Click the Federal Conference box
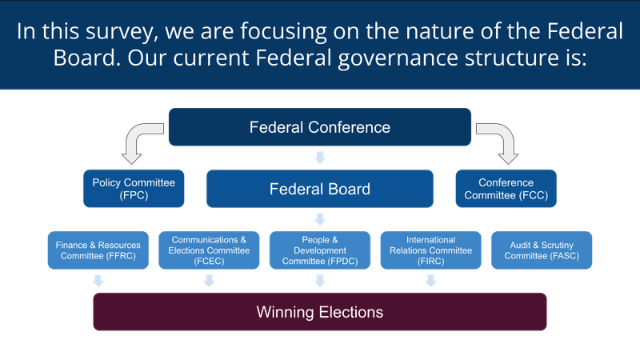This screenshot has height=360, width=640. pos(319,127)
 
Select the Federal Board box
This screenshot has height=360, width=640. pos(319,189)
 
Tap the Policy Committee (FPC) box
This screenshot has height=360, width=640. pos(134,189)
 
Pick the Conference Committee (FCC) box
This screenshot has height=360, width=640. pos(506,189)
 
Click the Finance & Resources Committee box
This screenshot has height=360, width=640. pos(98,250)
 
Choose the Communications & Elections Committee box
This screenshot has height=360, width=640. pos(209,250)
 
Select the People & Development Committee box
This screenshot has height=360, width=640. pos(319,250)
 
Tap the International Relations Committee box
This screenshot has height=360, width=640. pos(430,250)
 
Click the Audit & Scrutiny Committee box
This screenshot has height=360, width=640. pos(542,250)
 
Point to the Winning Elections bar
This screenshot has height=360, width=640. pos(319,312)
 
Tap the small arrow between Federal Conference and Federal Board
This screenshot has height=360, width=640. pos(319,158)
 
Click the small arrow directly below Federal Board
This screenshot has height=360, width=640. pos(319,219)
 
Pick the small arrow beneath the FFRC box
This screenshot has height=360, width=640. pos(98,281)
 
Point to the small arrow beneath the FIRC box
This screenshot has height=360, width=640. pos(430,281)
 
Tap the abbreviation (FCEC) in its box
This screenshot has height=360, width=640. pos(209,262)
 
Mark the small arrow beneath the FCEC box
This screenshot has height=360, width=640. pos(209,281)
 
